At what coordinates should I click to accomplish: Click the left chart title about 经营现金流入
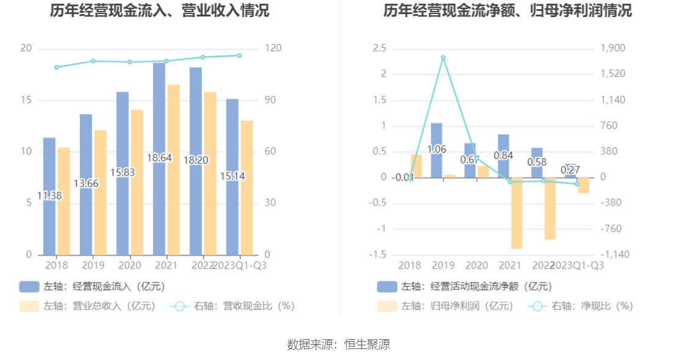click(159, 11)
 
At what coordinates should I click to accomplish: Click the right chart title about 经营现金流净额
click(507, 11)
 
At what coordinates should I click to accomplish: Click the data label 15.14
click(232, 176)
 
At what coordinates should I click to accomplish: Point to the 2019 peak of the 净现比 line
click(443, 58)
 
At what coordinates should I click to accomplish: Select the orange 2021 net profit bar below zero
click(517, 213)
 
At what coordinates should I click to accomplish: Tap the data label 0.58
click(537, 162)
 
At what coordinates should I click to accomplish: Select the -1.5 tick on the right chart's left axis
click(380, 254)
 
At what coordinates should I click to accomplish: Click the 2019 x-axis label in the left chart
click(93, 265)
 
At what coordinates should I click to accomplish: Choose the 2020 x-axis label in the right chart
click(476, 265)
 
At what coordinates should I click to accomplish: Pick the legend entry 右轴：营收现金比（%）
click(233, 306)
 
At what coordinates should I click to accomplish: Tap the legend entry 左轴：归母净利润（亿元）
click(445, 306)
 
